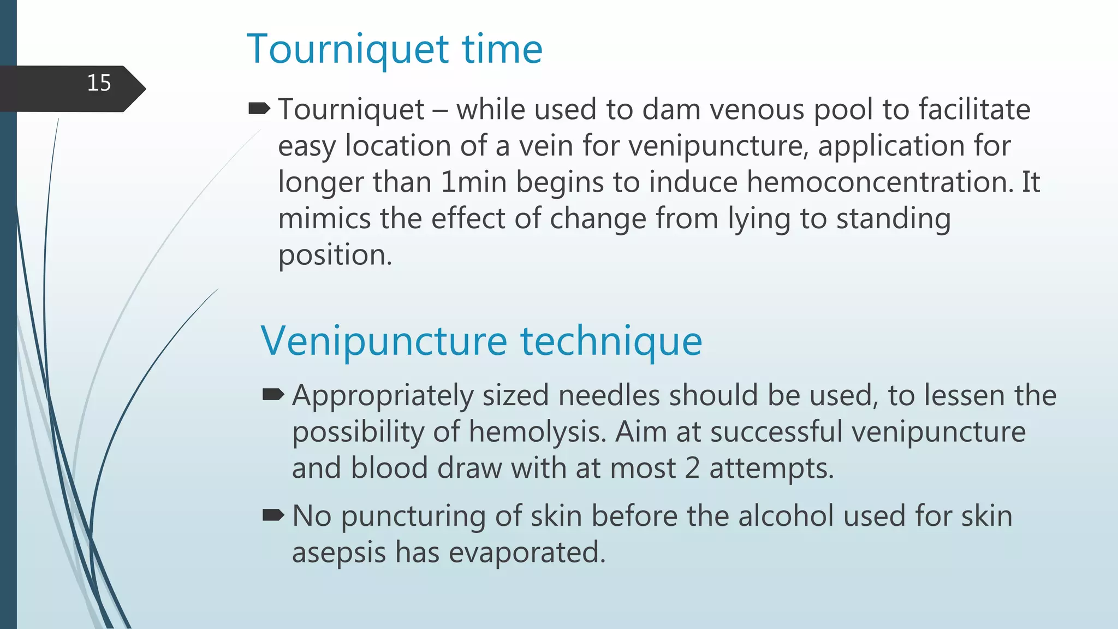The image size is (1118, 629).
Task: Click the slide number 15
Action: [99, 83]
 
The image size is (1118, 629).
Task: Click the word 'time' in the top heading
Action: [502, 49]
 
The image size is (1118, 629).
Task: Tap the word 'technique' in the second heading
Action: [611, 341]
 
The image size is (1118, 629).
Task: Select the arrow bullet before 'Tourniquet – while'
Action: [259, 109]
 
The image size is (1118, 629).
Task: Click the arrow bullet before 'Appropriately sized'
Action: [273, 395]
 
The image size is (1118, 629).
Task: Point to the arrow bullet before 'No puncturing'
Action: [273, 515]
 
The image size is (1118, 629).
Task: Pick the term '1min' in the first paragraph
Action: [474, 182]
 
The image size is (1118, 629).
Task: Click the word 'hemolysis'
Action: [537, 432]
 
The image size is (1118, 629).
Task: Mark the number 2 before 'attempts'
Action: [692, 468]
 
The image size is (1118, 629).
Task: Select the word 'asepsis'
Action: [338, 553]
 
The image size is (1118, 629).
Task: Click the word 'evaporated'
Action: [527, 553]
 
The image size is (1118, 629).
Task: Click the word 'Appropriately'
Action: [382, 396]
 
